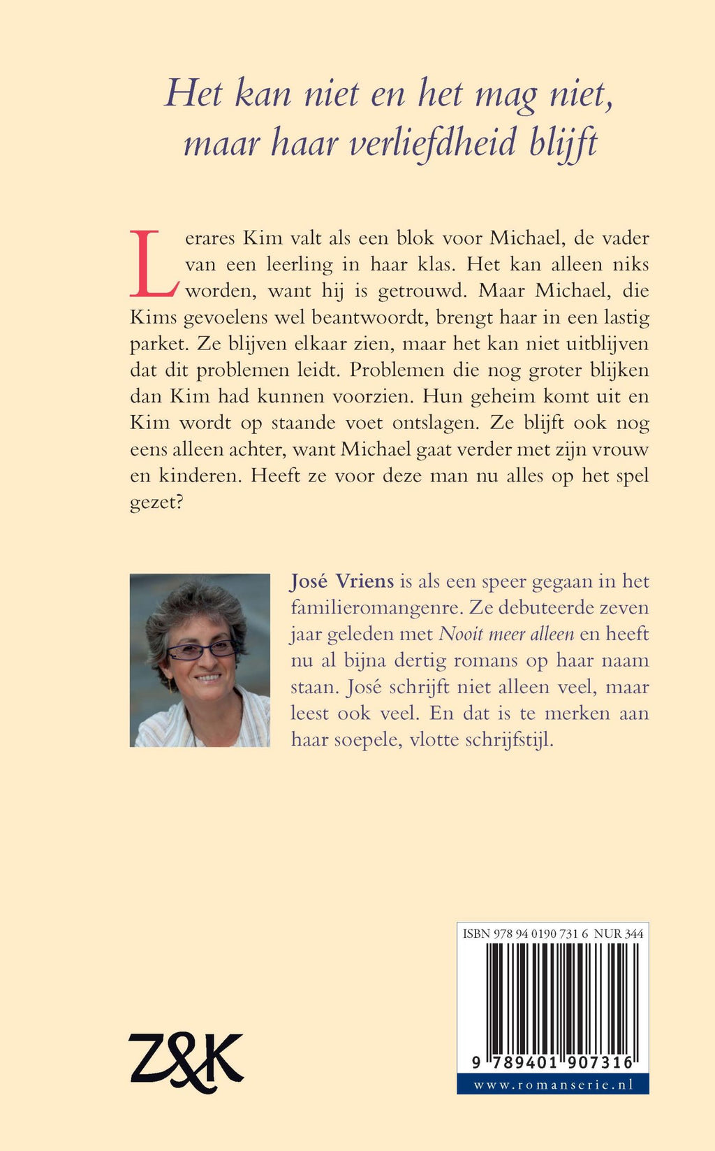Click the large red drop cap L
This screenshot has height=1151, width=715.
154,263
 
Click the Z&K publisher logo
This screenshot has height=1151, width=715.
186,1062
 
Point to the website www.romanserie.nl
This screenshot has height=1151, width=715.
553,1085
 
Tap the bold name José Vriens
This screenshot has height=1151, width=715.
342,581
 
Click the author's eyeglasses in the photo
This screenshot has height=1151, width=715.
201,650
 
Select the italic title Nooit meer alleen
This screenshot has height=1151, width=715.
506,635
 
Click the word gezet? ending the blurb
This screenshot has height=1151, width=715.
156,503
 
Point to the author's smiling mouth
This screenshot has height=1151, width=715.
207,677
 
